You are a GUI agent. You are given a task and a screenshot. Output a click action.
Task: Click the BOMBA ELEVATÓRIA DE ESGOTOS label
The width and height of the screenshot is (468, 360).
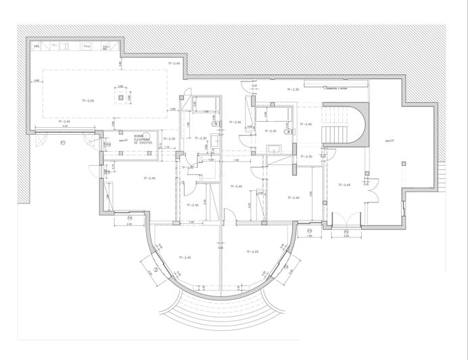143,139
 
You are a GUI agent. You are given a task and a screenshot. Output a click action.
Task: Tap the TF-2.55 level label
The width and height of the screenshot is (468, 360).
87,101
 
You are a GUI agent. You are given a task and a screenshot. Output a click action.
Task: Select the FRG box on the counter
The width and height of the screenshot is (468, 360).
37,46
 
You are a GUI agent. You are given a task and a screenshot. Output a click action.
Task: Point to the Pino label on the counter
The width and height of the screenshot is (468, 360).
87,46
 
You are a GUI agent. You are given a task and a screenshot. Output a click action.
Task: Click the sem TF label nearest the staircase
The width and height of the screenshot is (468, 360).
389,141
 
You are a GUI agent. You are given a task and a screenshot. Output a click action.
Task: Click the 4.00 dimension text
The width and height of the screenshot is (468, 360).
66,127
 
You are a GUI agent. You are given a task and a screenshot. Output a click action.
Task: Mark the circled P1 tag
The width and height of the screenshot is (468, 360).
62,142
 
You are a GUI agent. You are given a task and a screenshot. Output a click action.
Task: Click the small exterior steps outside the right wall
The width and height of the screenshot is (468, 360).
443,177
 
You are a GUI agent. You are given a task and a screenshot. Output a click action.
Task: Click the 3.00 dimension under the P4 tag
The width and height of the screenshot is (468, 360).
129,225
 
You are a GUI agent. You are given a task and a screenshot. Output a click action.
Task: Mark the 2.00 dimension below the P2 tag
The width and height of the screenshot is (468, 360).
347,238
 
